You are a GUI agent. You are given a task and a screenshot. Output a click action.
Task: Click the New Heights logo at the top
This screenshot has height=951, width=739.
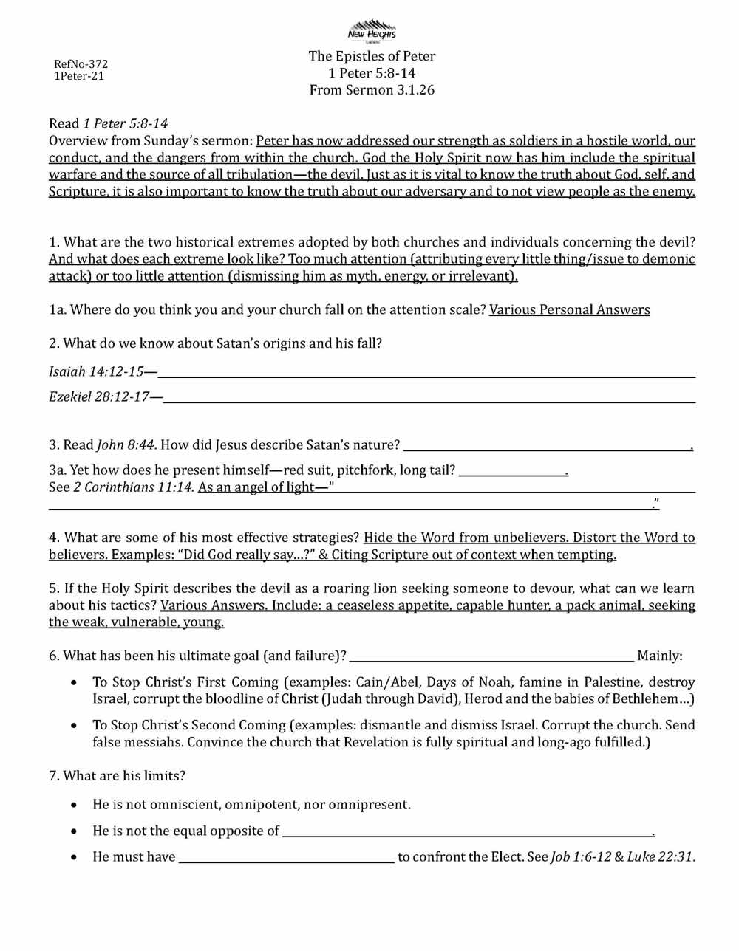point(372,30)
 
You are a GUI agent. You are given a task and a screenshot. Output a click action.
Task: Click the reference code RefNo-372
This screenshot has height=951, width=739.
point(81,64)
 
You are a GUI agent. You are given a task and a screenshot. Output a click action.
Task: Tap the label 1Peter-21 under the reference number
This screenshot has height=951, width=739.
point(79,76)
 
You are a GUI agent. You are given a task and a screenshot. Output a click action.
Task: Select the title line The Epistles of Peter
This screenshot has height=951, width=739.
point(372,56)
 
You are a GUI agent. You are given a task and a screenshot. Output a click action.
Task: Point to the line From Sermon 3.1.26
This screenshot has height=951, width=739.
point(372,90)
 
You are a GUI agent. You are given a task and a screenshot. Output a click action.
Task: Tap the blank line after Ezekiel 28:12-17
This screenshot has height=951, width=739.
point(429,402)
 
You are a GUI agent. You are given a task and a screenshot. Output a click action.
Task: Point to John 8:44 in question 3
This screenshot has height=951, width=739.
point(126,444)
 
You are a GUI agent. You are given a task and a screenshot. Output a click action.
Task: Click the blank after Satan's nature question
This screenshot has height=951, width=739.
point(547,449)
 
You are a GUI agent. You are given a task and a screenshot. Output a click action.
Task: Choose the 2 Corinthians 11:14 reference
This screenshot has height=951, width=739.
point(134,487)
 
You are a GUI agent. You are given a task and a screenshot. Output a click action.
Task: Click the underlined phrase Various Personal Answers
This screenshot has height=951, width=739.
point(569,309)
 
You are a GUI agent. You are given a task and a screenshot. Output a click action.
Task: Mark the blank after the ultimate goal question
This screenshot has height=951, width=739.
point(491,659)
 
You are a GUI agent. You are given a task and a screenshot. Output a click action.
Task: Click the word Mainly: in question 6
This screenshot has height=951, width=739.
point(660,656)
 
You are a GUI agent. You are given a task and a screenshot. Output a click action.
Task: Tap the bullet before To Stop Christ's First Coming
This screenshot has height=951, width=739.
point(74,683)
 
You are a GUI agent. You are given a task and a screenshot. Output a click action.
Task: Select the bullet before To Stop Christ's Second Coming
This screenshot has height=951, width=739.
point(74,726)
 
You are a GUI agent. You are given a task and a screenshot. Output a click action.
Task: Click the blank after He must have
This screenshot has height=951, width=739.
point(287,861)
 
